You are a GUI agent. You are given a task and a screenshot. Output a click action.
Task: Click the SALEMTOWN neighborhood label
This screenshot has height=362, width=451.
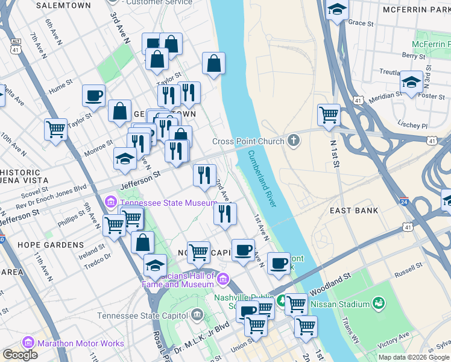click(63, 5)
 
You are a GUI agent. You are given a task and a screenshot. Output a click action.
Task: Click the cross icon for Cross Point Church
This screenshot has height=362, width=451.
click(294, 141)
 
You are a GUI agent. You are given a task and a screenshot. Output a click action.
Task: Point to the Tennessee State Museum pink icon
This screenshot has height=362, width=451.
click(111, 202)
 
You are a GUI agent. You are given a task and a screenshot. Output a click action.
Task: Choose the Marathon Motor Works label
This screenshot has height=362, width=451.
click(80, 343)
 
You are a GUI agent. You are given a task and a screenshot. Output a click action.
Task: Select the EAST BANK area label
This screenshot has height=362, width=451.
click(354, 211)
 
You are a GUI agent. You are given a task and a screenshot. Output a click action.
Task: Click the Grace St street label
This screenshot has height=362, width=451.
click(361, 22)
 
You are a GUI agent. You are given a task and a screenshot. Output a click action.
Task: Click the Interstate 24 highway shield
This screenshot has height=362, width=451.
click(404, 201)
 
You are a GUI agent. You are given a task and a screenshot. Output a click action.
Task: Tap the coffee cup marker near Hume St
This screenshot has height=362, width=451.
click(93, 95)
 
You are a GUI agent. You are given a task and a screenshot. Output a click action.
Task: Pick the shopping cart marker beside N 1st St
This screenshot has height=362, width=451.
click(329, 114)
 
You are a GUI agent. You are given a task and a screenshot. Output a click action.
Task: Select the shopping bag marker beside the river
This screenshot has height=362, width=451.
click(213, 63)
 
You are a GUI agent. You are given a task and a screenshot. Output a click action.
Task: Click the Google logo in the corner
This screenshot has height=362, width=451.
click(20, 355)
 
